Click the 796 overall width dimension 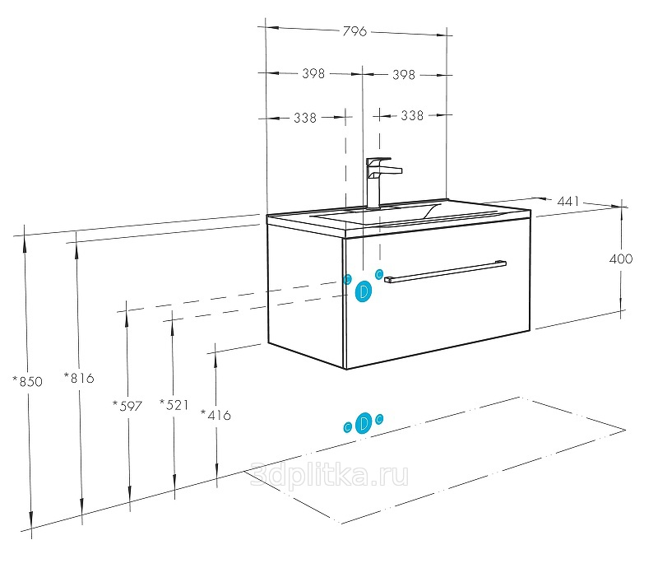point(354,31)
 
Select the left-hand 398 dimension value point(313,73)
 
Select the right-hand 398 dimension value point(403,75)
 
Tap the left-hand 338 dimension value point(304,118)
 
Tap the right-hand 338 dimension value point(412,115)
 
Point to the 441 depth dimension point(568,202)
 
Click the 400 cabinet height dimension point(621,258)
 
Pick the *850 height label point(28,381)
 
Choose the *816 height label point(79,378)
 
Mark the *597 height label point(127,406)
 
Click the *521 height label point(174,405)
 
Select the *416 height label point(215,415)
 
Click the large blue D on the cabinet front point(364,291)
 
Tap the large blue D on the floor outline point(364,423)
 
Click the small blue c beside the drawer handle point(379,274)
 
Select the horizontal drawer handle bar point(445,272)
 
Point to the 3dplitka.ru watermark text point(330,476)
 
